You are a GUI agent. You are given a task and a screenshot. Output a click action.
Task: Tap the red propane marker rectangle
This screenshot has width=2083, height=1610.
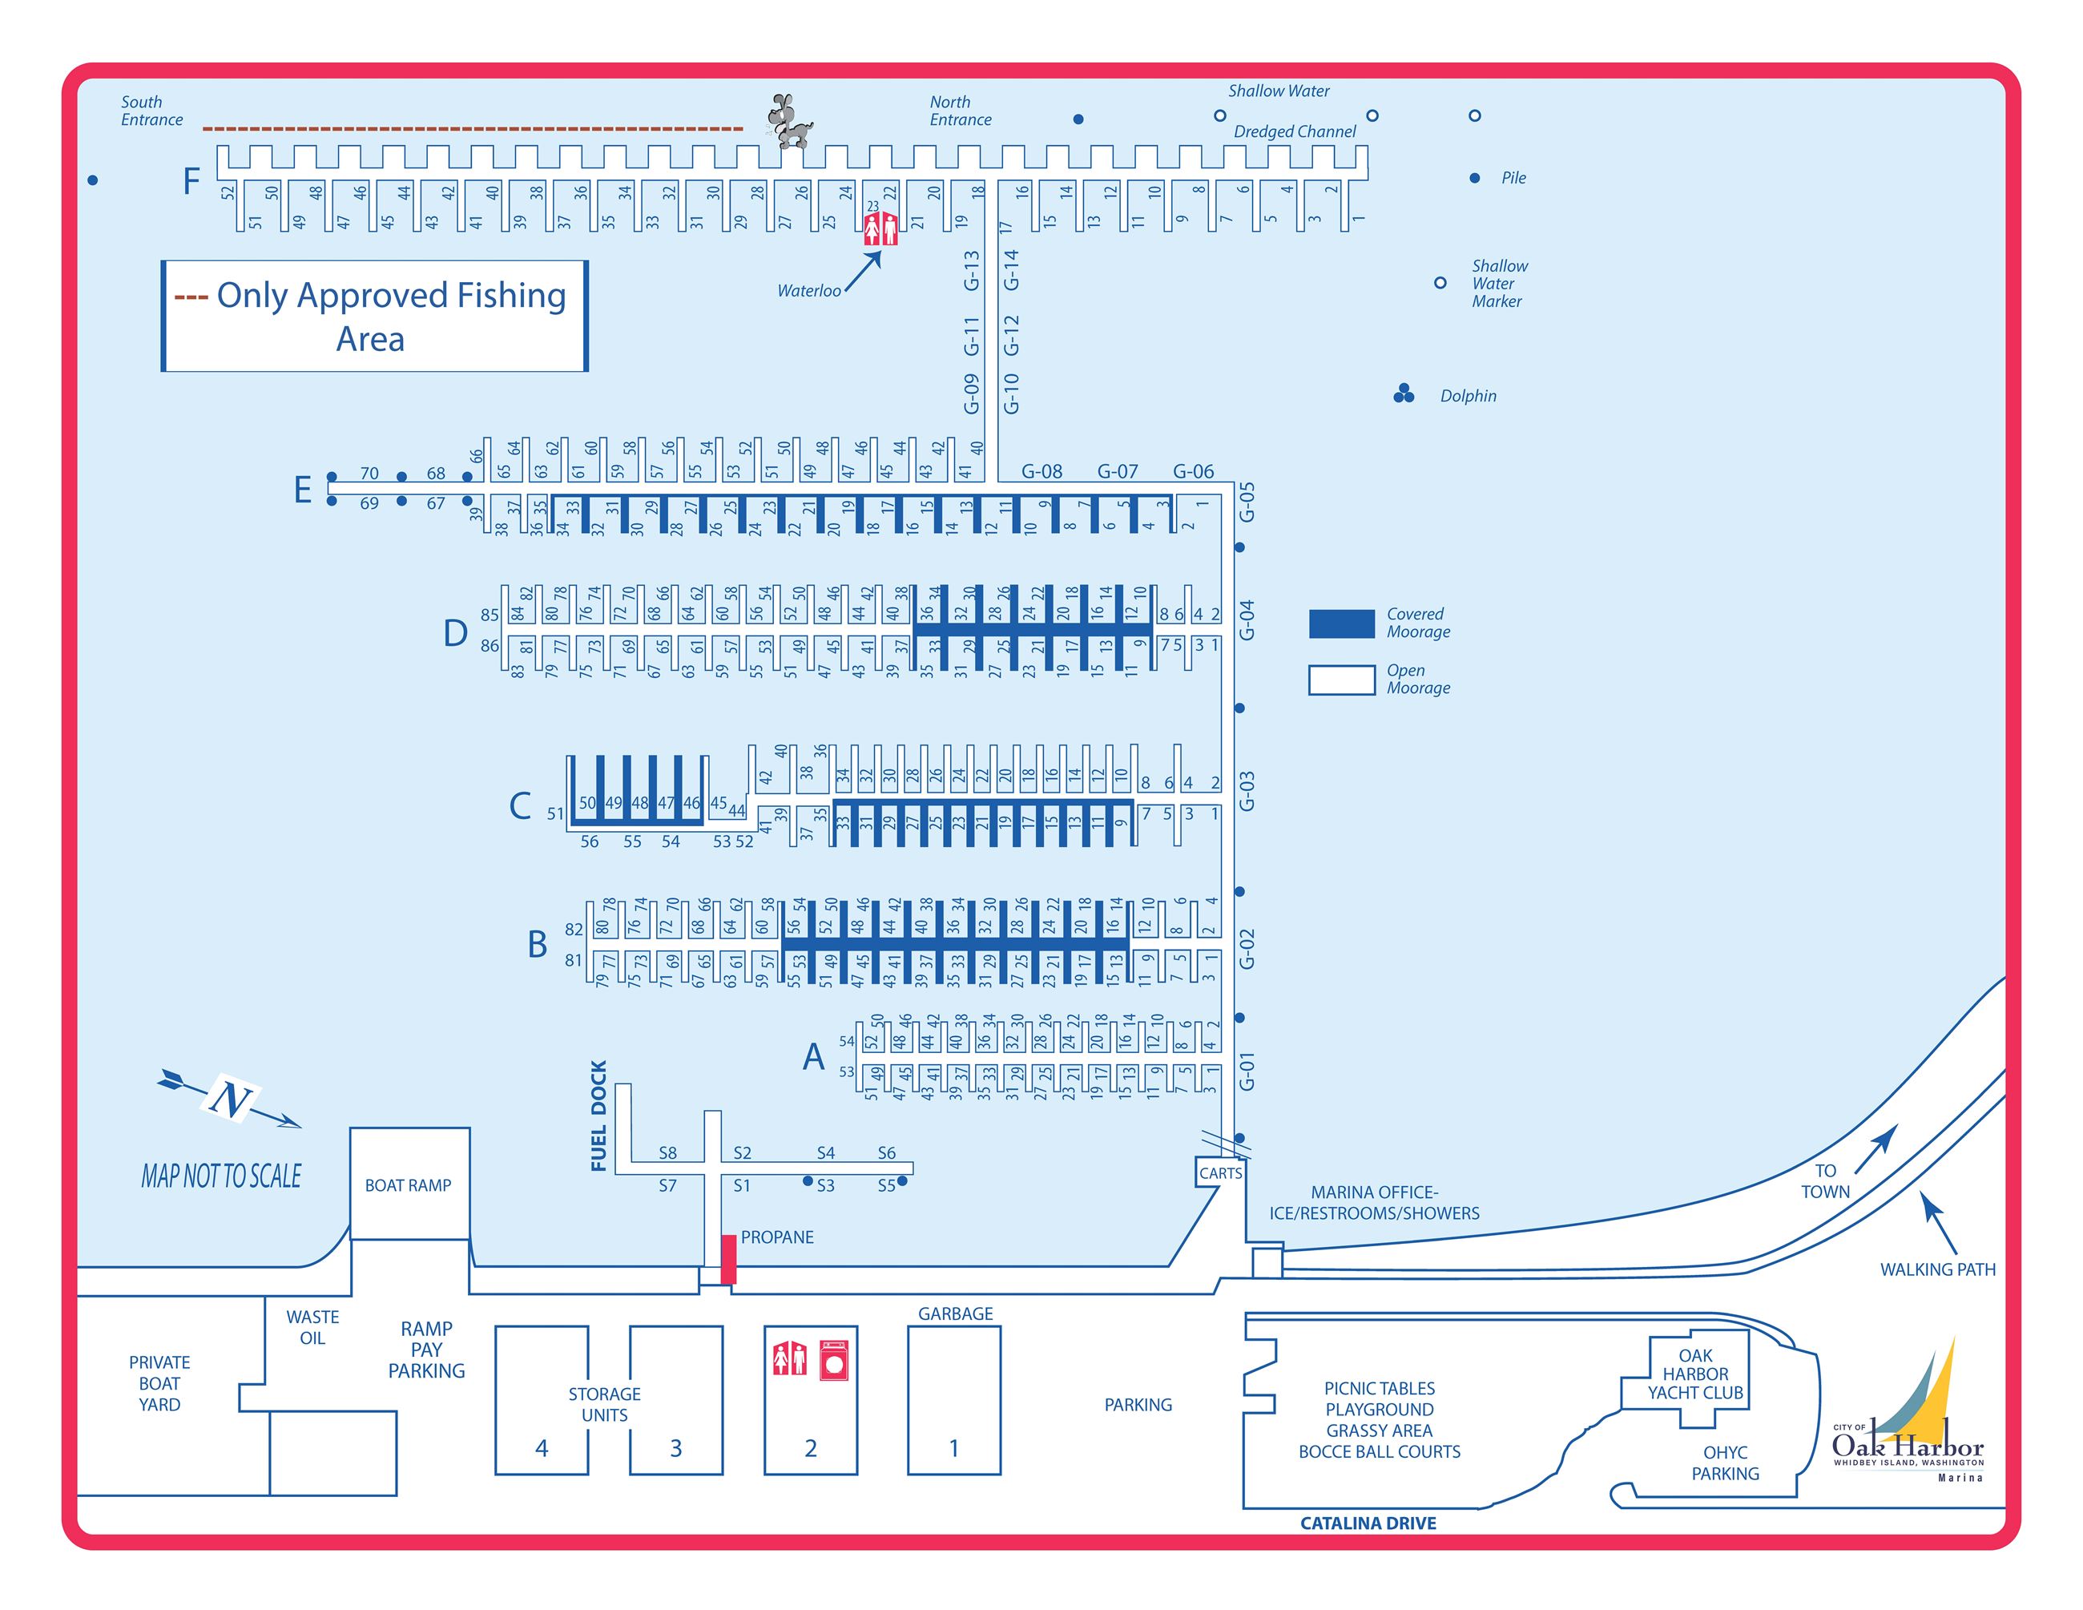tap(727, 1258)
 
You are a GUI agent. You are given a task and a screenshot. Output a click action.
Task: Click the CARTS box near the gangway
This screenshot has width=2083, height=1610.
tap(1220, 1172)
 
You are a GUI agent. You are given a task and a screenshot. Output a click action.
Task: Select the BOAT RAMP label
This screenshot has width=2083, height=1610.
tap(409, 1184)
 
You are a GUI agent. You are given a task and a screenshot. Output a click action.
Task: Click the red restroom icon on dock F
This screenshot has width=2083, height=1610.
tap(880, 229)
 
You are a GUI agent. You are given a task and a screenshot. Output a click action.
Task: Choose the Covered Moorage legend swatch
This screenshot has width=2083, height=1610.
tap(1341, 623)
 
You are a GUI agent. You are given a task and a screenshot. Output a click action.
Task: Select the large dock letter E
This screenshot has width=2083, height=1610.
tap(302, 490)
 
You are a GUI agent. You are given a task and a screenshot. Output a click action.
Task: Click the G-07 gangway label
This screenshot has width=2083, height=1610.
tap(1117, 471)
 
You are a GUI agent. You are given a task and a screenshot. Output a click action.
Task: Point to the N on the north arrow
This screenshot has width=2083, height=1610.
tap(230, 1100)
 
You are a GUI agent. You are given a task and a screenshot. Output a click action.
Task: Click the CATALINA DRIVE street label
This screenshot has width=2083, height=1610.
tap(1368, 1523)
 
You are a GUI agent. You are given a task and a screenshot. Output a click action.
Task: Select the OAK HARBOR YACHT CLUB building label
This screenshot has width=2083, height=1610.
tap(1694, 1374)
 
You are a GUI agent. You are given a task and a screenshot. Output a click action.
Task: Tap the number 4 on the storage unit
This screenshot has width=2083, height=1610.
tap(542, 1448)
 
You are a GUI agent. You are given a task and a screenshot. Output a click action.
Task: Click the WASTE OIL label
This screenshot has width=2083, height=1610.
tap(312, 1327)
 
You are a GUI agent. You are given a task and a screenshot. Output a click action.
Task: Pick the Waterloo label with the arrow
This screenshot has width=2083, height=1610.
tap(809, 291)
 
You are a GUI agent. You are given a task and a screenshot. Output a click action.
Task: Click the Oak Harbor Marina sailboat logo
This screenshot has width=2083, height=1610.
tap(1908, 1411)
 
